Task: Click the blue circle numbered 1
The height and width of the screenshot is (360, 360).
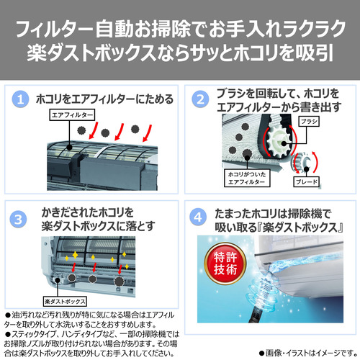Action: [20, 99]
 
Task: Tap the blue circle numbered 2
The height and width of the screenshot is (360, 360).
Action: [200, 99]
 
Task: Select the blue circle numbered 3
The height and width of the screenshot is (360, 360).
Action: [18, 220]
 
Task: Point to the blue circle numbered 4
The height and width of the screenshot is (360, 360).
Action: [198, 217]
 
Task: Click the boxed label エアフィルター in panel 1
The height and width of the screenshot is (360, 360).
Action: [72, 115]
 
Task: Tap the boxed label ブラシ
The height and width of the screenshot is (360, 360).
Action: [309, 122]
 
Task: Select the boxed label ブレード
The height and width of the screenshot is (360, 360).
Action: [307, 181]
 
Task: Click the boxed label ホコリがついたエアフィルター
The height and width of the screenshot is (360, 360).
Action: [247, 178]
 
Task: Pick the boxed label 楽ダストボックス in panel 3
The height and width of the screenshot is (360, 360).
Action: [65, 301]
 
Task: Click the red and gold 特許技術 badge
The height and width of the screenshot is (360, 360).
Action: [225, 264]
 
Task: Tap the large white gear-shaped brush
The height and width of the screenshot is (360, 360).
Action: [279, 143]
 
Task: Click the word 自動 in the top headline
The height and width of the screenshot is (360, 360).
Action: [114, 29]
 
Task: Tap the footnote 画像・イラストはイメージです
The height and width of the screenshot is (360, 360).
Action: [308, 353]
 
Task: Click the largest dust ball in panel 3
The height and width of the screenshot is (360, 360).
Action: [119, 281]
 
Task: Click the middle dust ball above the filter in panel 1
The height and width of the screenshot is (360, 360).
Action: [105, 132]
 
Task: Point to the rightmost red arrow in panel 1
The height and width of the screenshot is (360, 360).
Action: [147, 133]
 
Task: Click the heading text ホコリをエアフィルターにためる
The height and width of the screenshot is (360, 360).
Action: [104, 99]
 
